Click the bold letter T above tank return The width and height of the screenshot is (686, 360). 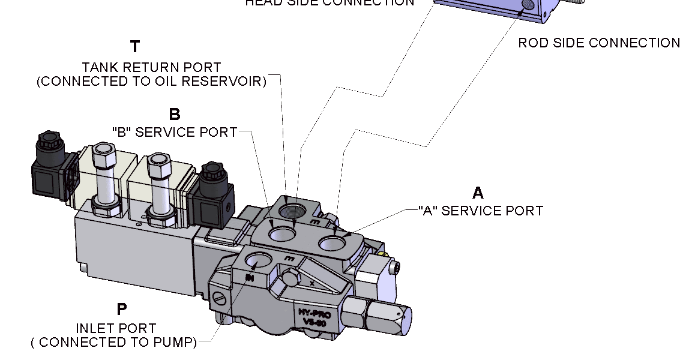pyautogui.click(x=136, y=47)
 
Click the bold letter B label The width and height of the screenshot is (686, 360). pyautogui.click(x=175, y=115)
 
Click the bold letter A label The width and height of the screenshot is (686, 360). pyautogui.click(x=478, y=193)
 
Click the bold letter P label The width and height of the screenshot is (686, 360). pyautogui.click(x=122, y=310)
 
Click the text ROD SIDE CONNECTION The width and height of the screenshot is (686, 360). pyautogui.click(x=599, y=43)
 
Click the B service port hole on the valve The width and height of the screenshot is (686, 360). pyautogui.click(x=280, y=233)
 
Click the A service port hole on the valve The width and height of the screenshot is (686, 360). pyautogui.click(x=332, y=243)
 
